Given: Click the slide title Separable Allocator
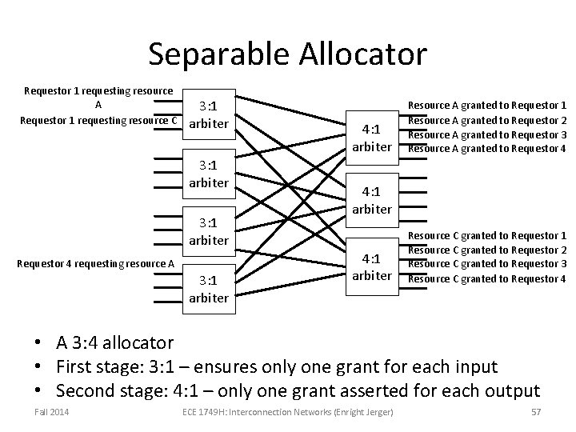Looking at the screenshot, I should [x=287, y=54].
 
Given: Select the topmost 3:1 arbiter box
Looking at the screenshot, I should [x=209, y=114].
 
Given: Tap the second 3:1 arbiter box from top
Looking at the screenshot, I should [x=209, y=175].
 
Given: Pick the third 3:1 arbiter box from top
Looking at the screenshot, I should [x=209, y=232].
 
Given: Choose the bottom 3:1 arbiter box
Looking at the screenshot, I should [x=209, y=289].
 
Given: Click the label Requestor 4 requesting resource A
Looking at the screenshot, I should [x=95, y=263].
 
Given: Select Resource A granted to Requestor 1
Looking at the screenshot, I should [x=487, y=105].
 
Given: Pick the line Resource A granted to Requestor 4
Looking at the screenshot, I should [x=487, y=148].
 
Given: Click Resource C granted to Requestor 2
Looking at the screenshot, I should [x=487, y=250].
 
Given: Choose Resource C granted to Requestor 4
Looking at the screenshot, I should [x=487, y=278].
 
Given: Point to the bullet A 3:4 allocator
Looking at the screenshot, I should [x=114, y=343].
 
